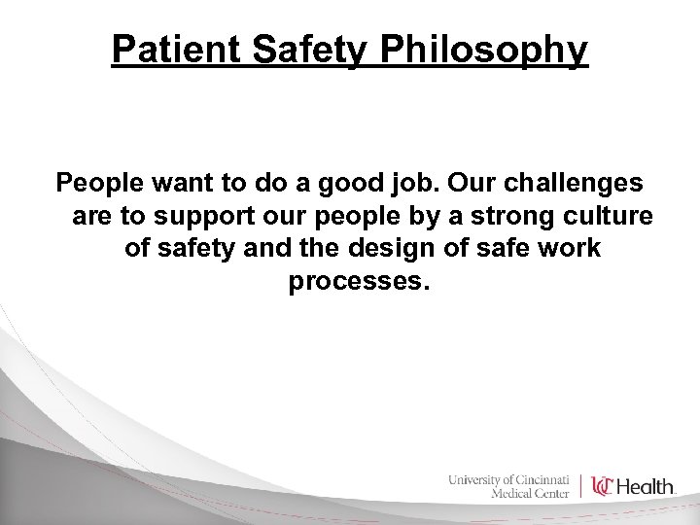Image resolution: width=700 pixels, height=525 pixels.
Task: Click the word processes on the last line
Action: coord(358,282)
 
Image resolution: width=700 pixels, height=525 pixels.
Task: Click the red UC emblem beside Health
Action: coord(603,486)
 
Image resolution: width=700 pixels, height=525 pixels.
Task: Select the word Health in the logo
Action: coord(646,486)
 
